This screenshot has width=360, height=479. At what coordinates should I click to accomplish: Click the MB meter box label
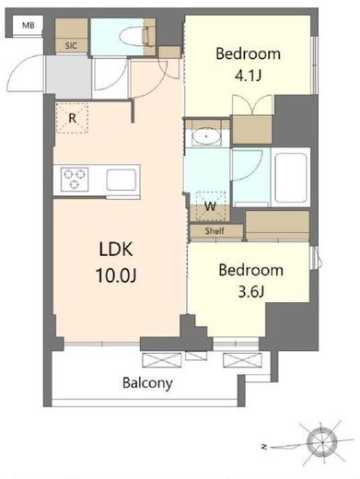click(29, 26)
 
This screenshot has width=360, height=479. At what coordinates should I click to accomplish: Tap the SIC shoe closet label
click(71, 46)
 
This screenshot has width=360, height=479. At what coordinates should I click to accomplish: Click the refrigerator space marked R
click(72, 118)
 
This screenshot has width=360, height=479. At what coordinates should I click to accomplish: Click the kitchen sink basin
click(122, 180)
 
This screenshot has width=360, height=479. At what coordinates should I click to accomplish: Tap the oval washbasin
click(206, 136)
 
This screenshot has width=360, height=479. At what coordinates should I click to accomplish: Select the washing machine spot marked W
click(211, 205)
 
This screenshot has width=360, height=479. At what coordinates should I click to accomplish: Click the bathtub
click(291, 178)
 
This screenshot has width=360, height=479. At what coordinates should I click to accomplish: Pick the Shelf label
click(215, 231)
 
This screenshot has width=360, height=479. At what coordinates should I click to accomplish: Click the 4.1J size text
click(248, 76)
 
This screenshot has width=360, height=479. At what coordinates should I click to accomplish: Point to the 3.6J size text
click(251, 292)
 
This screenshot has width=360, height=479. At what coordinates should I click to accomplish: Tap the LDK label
click(116, 249)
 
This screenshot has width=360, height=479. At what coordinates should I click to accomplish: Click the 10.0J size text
click(116, 275)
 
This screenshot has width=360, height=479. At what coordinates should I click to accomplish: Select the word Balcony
click(147, 383)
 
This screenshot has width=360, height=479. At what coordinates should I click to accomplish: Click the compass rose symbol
click(323, 442)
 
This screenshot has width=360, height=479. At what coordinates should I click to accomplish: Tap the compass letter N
click(263, 447)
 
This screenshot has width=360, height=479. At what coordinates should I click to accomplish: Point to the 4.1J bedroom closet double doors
click(252, 104)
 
